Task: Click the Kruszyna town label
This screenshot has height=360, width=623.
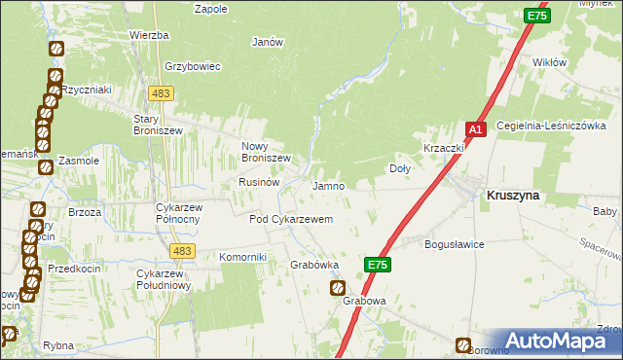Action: tap(513, 196)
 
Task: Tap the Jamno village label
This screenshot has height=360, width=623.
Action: tap(329, 186)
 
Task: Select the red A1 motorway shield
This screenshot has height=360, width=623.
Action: tap(475, 129)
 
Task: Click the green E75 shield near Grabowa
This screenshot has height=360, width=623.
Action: tap(379, 264)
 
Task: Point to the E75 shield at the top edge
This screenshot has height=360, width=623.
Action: tap(536, 16)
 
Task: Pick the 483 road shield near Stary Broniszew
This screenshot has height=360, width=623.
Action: tap(161, 92)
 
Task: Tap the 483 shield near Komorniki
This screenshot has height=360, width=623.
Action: tap(180, 251)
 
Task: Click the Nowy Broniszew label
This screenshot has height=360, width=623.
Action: tap(266, 152)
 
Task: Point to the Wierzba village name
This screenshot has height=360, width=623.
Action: tap(149, 35)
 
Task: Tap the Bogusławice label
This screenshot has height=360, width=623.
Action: tap(455, 244)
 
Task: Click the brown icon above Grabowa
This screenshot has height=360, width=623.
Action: tap(338, 287)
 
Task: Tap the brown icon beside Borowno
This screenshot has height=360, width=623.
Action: tap(463, 344)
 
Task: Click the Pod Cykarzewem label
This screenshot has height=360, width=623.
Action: tap(292, 220)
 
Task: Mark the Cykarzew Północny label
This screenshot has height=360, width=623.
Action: tap(178, 213)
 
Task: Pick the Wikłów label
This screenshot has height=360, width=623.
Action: tap(550, 62)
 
